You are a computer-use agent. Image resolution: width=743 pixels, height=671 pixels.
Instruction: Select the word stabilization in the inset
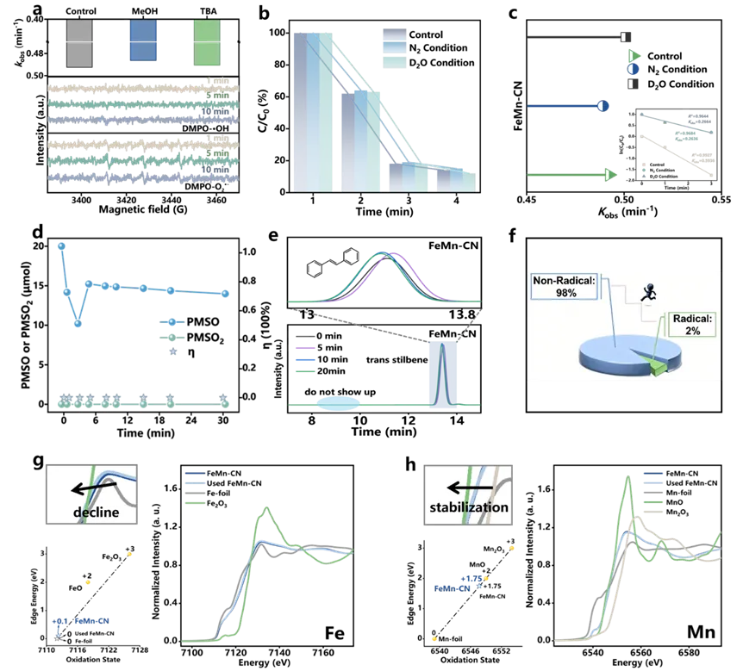[x=468, y=507]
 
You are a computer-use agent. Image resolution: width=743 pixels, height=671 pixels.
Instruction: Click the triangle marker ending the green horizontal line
[x=611, y=176]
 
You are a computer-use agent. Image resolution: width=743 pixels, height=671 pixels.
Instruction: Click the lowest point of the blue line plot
[x=78, y=324]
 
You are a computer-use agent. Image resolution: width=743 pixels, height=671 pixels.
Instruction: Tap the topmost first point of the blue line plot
[x=60, y=246]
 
